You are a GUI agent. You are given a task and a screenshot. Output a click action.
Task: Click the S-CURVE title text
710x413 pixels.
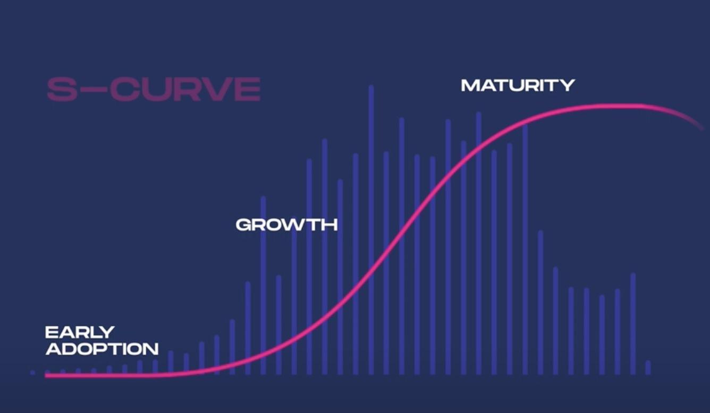(154, 89)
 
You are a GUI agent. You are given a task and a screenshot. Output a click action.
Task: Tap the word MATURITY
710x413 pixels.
(518, 85)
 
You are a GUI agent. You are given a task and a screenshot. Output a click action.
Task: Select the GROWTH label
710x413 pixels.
(287, 225)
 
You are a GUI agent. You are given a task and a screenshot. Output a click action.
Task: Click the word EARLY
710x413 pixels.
(80, 332)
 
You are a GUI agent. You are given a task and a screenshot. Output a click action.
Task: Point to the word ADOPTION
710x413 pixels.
(102, 349)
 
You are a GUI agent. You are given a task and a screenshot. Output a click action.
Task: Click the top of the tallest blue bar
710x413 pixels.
(371, 87)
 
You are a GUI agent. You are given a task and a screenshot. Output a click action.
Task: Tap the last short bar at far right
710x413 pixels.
(648, 367)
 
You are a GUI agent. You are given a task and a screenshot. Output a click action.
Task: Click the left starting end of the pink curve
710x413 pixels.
(46, 376)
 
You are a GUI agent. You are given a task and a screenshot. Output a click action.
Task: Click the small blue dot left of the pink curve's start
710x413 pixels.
(32, 373)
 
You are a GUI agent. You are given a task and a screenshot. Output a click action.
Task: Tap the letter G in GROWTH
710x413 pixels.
(243, 225)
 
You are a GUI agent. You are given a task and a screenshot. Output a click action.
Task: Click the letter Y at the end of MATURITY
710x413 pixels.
(567, 85)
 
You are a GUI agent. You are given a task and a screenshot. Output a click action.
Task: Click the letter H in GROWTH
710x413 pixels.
(331, 225)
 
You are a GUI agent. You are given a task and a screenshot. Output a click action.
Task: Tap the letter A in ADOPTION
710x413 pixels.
(53, 349)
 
